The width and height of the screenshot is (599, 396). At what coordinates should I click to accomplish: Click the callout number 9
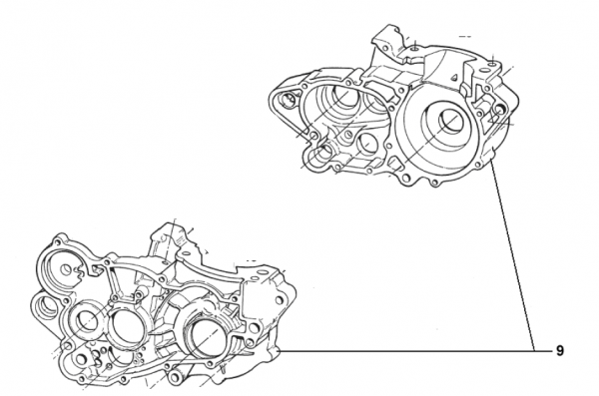tap(560, 350)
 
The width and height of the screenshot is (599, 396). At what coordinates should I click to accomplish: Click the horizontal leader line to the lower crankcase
tap(407, 350)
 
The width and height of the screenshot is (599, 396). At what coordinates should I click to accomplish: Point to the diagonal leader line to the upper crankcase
tap(513, 255)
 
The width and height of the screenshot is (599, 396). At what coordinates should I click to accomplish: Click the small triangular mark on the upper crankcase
tap(454, 78)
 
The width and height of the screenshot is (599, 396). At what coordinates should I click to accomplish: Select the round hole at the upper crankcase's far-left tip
tap(287, 100)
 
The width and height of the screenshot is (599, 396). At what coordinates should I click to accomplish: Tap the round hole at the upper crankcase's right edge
tap(500, 110)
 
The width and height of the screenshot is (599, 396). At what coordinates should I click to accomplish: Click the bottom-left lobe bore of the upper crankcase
tap(320, 156)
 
